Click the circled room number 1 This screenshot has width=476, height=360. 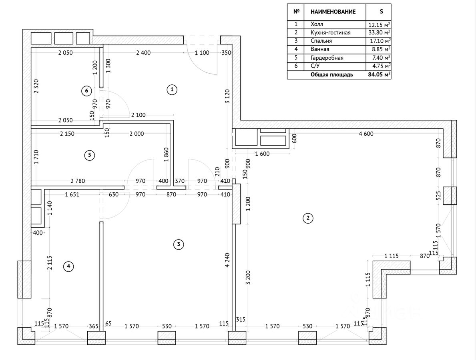point(172,90)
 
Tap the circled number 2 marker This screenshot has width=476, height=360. point(307,218)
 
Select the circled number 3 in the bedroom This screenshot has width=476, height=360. point(178,244)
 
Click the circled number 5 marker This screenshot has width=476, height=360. point(89,155)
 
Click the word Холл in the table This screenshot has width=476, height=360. point(316,24)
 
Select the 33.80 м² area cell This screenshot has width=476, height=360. point(379,33)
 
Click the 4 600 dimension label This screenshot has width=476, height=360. point(366,134)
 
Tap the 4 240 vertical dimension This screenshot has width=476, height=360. point(228,260)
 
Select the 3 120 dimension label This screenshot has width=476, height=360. point(227,96)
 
